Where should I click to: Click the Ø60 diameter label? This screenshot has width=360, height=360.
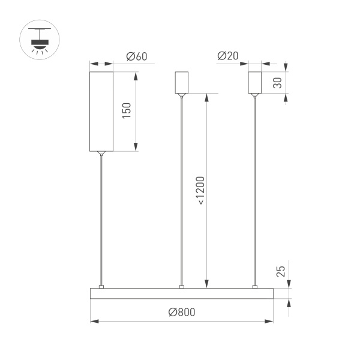click(137, 57)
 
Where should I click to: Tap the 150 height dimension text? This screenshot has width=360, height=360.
click(127, 111)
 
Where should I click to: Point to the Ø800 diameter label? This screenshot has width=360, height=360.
click(182, 312)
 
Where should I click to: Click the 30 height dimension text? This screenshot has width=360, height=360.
click(277, 83)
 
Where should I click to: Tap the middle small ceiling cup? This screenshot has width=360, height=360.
click(181, 83)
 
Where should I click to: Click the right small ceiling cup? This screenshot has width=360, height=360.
click(256, 83)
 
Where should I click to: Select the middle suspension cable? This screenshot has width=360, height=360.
click(181, 192)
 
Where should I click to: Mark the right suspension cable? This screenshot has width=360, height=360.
click(256, 192)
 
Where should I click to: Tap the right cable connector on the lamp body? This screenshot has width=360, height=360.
click(256, 286)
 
